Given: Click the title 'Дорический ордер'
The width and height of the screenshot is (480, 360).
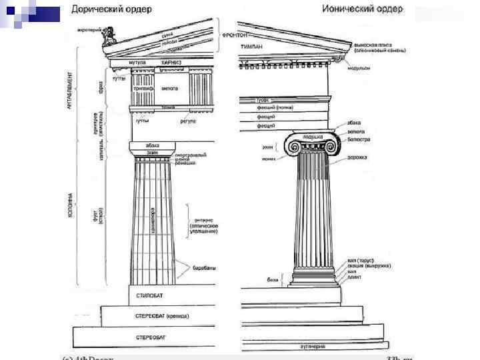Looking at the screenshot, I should pos(112,9).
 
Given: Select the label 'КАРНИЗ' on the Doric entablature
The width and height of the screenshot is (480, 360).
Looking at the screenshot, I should pos(171,63).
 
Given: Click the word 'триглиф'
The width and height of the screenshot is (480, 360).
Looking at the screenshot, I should pos(143,88).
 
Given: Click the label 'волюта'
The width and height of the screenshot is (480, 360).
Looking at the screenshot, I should pos(355,131).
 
